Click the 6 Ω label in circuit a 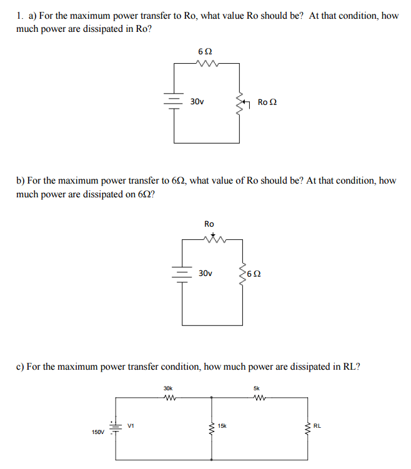[204, 49]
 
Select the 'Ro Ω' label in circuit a [267, 102]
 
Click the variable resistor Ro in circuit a [239, 102]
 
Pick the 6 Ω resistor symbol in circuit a [206, 62]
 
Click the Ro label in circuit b [209, 224]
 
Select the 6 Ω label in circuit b [254, 274]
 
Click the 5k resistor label [257, 387]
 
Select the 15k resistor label [222, 426]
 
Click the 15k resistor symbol [211, 428]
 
